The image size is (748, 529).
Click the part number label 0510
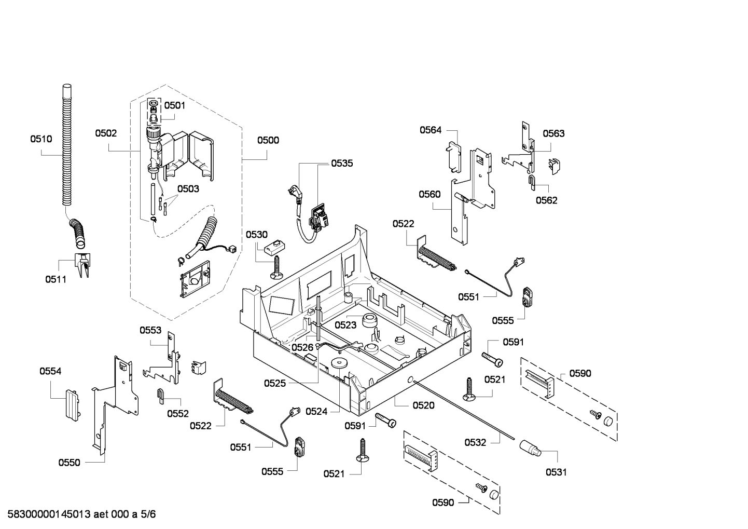41,139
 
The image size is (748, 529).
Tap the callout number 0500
268,140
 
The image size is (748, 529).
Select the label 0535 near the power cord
342,164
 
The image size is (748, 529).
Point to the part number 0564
431,130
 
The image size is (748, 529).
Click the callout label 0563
553,133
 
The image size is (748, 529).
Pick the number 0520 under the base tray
423,405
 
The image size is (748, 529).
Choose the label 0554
50,371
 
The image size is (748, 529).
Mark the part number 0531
556,472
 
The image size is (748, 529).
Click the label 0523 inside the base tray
345,325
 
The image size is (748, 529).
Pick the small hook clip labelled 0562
532,181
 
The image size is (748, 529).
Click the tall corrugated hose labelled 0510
66,145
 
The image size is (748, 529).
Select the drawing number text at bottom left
78,514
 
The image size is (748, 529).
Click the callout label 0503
188,189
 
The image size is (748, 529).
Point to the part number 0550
69,463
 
